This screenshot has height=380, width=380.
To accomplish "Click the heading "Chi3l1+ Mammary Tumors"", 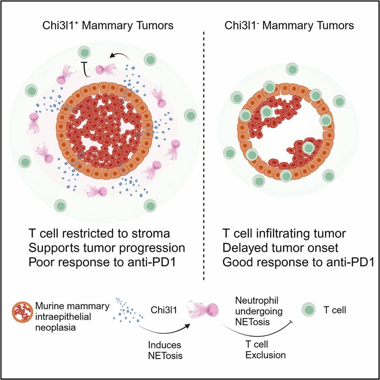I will pos(108,26).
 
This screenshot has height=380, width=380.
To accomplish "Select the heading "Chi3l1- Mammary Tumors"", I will pos(289,26).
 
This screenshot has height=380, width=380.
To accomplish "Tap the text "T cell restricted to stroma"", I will pos(99,233).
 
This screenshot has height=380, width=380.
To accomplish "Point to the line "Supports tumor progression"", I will pos(107,248).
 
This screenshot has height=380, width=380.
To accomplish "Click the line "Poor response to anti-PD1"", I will pos(102,262).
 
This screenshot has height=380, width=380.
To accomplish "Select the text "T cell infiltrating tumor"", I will pos(284,233).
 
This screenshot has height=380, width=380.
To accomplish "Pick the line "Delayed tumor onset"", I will pos(280,248).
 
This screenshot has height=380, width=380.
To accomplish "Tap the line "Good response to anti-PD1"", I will pos(298,262).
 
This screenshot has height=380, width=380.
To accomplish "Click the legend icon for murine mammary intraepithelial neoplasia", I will pos(22,312).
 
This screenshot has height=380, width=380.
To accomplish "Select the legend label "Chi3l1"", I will pos(164,310).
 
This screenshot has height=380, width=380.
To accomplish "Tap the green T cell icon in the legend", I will pos(308,310).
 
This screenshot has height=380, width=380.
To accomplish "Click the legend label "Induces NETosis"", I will pos(165,350).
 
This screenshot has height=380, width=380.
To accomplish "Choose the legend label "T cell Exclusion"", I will pos(265,350).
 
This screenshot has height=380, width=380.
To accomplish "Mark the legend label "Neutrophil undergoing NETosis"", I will pos(259,311).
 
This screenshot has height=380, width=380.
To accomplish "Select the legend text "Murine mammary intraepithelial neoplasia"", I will pos(72,317).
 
